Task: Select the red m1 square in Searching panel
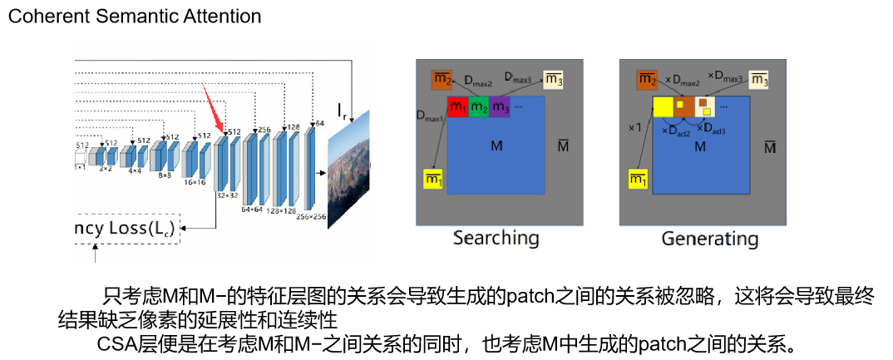click(457, 106)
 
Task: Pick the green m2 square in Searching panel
click(478, 106)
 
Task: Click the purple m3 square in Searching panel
click(500, 106)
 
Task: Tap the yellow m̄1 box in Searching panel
click(433, 178)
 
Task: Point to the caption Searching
click(496, 239)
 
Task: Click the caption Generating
click(709, 239)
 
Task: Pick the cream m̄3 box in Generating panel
click(757, 80)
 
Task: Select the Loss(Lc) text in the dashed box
click(136, 227)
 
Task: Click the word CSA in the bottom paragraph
click(118, 341)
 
